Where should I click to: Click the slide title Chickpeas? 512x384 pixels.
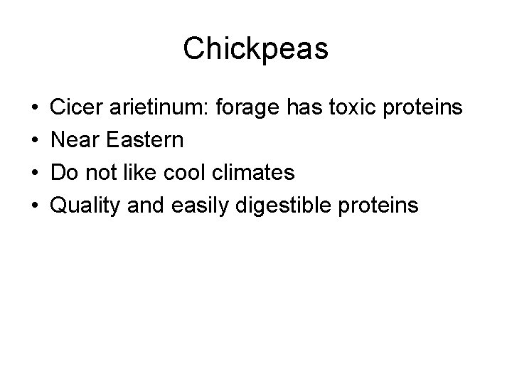(x=255, y=48)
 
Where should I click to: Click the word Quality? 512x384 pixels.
(x=86, y=206)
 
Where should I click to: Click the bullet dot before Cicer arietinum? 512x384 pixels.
(x=35, y=109)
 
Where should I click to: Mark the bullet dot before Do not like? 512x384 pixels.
(x=35, y=174)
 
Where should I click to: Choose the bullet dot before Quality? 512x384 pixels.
(x=35, y=206)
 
